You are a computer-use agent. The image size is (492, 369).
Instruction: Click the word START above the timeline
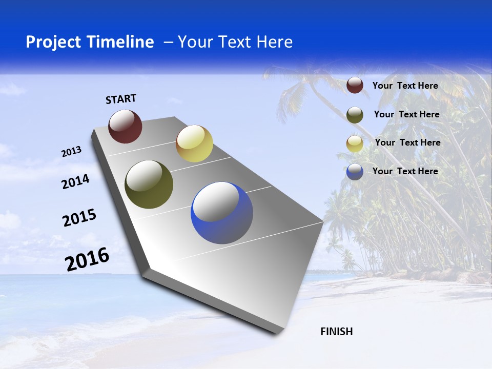pos(121,99)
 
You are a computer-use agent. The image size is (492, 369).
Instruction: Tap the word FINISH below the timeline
pos(337,332)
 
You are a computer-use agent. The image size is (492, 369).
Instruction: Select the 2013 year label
pos(71,152)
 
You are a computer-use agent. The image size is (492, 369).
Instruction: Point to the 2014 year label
pos(75,182)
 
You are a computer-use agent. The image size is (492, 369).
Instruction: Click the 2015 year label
pos(79,218)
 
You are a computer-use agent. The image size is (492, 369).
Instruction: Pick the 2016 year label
pos(87,259)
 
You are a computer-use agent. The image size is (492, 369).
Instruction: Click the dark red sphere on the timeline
pos(125,126)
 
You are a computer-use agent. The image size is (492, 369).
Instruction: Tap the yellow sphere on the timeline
pos(194,143)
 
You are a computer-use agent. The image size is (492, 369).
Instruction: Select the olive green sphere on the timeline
pos(149,184)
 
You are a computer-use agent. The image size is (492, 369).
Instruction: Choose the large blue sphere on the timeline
pos(222,213)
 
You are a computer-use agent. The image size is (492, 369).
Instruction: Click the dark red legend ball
pos(355,86)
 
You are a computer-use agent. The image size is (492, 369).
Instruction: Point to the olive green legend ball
pos(355,115)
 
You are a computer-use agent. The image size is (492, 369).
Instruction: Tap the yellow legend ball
pos(355,143)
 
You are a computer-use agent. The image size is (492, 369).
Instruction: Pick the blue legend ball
pos(355,172)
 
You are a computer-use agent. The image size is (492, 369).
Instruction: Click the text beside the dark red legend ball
pos(405,86)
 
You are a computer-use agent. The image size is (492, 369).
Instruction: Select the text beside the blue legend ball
pos(405,171)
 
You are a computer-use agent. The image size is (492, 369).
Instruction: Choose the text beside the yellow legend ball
pos(407,142)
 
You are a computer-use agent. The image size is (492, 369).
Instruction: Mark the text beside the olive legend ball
pos(406,114)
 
